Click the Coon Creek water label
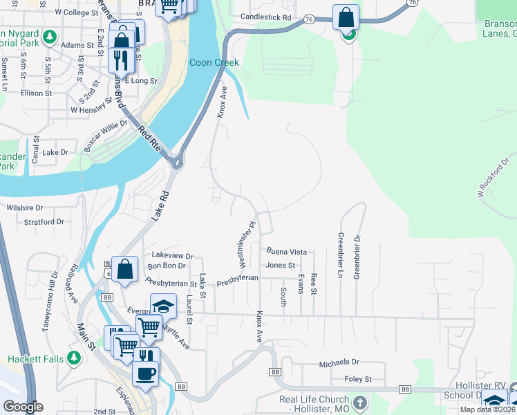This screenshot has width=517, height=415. coord(214,63)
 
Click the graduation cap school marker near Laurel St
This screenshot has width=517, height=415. coord(163,306)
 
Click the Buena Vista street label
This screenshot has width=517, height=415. coord(286,252)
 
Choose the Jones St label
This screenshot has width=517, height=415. coord(281,265)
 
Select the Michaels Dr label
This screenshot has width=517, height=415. coord(339,362)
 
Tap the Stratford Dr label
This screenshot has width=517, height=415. coord(44,222)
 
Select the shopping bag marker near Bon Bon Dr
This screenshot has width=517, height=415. coord(124,270)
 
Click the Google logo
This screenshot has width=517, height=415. coord(23,407)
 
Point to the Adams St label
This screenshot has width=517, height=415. coord(77,44)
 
